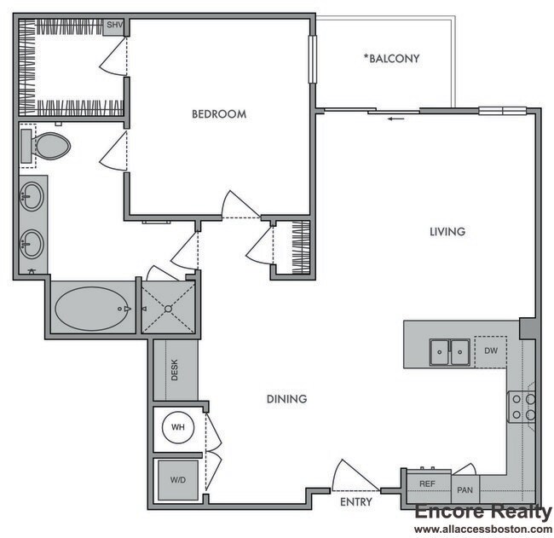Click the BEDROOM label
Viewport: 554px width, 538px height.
[219, 113]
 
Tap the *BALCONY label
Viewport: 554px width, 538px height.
[391, 59]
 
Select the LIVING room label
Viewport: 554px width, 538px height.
[447, 232]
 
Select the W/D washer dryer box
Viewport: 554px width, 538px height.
[178, 480]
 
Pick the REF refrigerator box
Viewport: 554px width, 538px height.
[428, 483]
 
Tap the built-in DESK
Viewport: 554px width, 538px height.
[175, 369]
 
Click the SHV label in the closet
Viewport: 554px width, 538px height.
[113, 26]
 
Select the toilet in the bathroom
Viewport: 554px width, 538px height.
[48, 145]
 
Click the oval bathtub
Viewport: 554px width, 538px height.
[90, 308]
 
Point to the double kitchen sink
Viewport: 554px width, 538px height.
[449, 350]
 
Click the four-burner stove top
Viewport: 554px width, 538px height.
[522, 407]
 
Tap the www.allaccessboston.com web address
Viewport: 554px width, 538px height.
[482, 529]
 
